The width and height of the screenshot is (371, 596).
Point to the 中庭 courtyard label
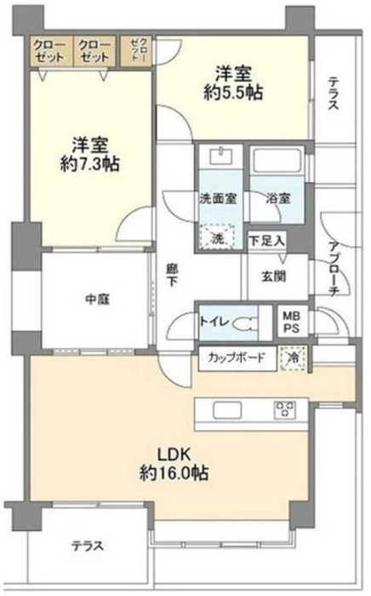point(96,299)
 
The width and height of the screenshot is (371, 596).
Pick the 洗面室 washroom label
point(219,198)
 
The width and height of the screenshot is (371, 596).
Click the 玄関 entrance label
point(273,274)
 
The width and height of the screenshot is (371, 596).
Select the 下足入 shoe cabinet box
point(265,241)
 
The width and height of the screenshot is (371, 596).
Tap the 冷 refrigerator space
point(294,357)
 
